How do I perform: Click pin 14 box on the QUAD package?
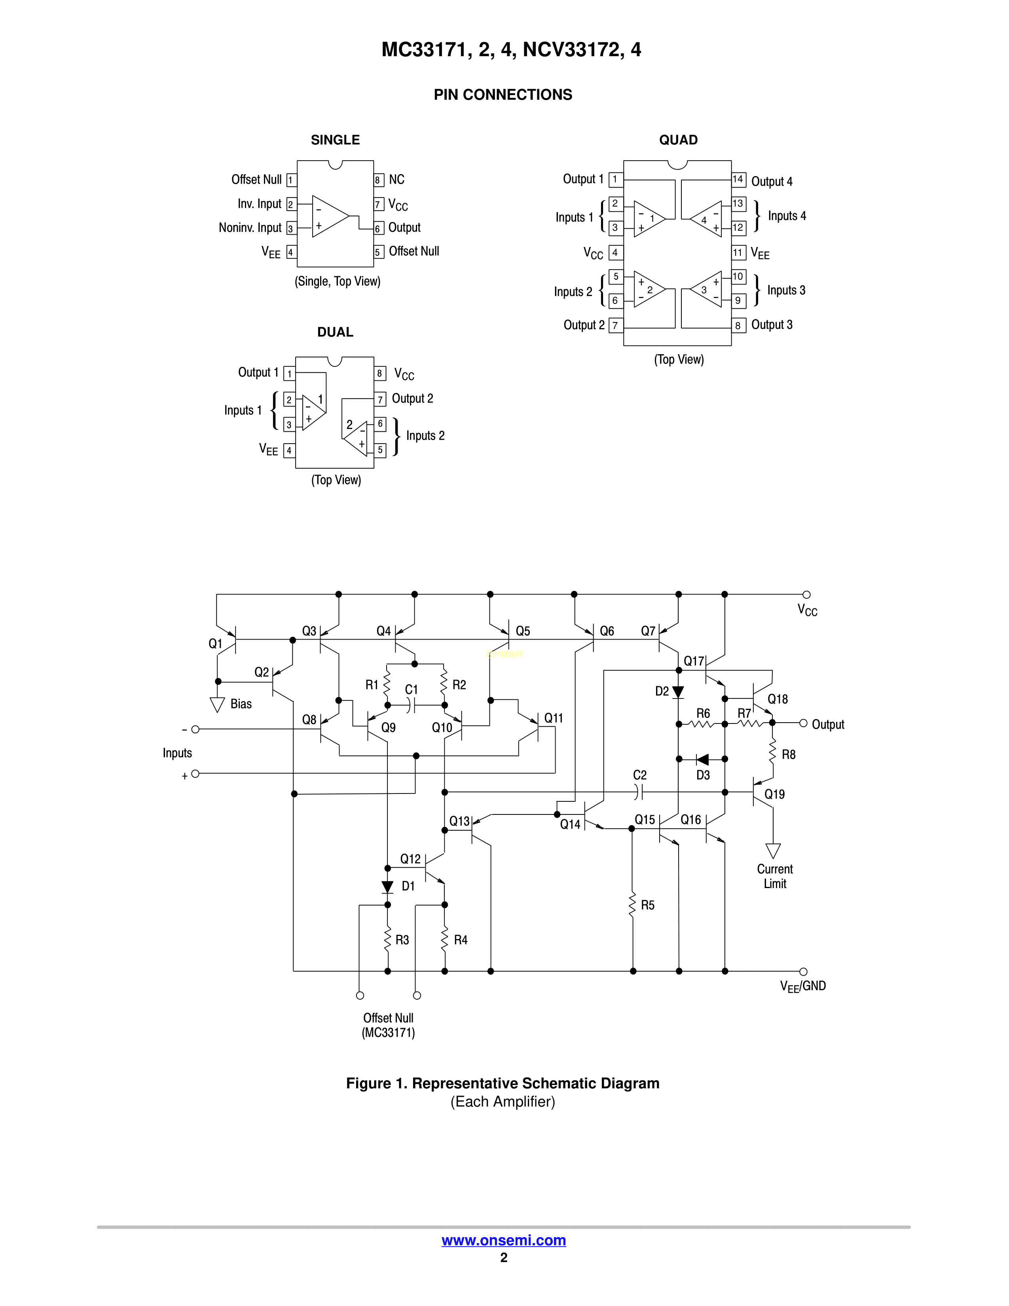point(738,179)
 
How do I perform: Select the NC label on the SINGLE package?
point(396,179)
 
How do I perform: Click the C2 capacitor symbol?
point(639,792)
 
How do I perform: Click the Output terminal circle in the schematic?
point(803,723)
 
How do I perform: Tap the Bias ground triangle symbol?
point(217,704)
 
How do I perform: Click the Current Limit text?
point(775,877)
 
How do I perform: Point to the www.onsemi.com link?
point(503,1240)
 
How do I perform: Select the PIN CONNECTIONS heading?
point(503,95)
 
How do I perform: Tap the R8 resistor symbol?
point(772,750)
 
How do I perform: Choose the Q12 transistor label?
point(410,859)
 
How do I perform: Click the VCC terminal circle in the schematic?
point(806,594)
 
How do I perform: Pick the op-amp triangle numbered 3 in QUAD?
point(707,289)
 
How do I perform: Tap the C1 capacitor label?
point(411,689)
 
